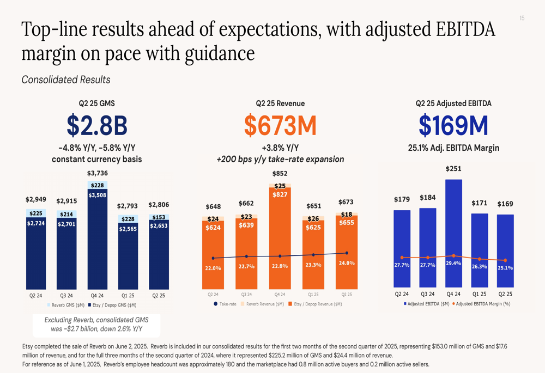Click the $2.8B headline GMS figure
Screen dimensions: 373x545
[x=97, y=125]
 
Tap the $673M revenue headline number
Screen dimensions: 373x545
[x=280, y=125]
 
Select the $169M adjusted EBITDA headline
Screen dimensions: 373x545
[x=453, y=125]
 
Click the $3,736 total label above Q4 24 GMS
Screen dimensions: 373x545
[x=98, y=173]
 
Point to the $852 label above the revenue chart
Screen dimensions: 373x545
[x=280, y=174]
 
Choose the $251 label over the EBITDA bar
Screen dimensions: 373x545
[x=453, y=169]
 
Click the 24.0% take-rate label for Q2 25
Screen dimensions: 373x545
[x=347, y=263]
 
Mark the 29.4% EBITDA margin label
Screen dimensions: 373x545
[x=454, y=263]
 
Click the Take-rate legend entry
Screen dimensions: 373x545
[x=225, y=304]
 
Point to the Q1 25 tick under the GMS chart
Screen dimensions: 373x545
[x=128, y=295]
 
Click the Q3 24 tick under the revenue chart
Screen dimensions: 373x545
[x=246, y=294]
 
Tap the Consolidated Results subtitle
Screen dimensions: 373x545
[x=66, y=80]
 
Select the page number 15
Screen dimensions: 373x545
[x=522, y=19]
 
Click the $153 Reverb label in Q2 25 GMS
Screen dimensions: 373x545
[x=159, y=217]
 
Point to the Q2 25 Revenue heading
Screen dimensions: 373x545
[x=280, y=103]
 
